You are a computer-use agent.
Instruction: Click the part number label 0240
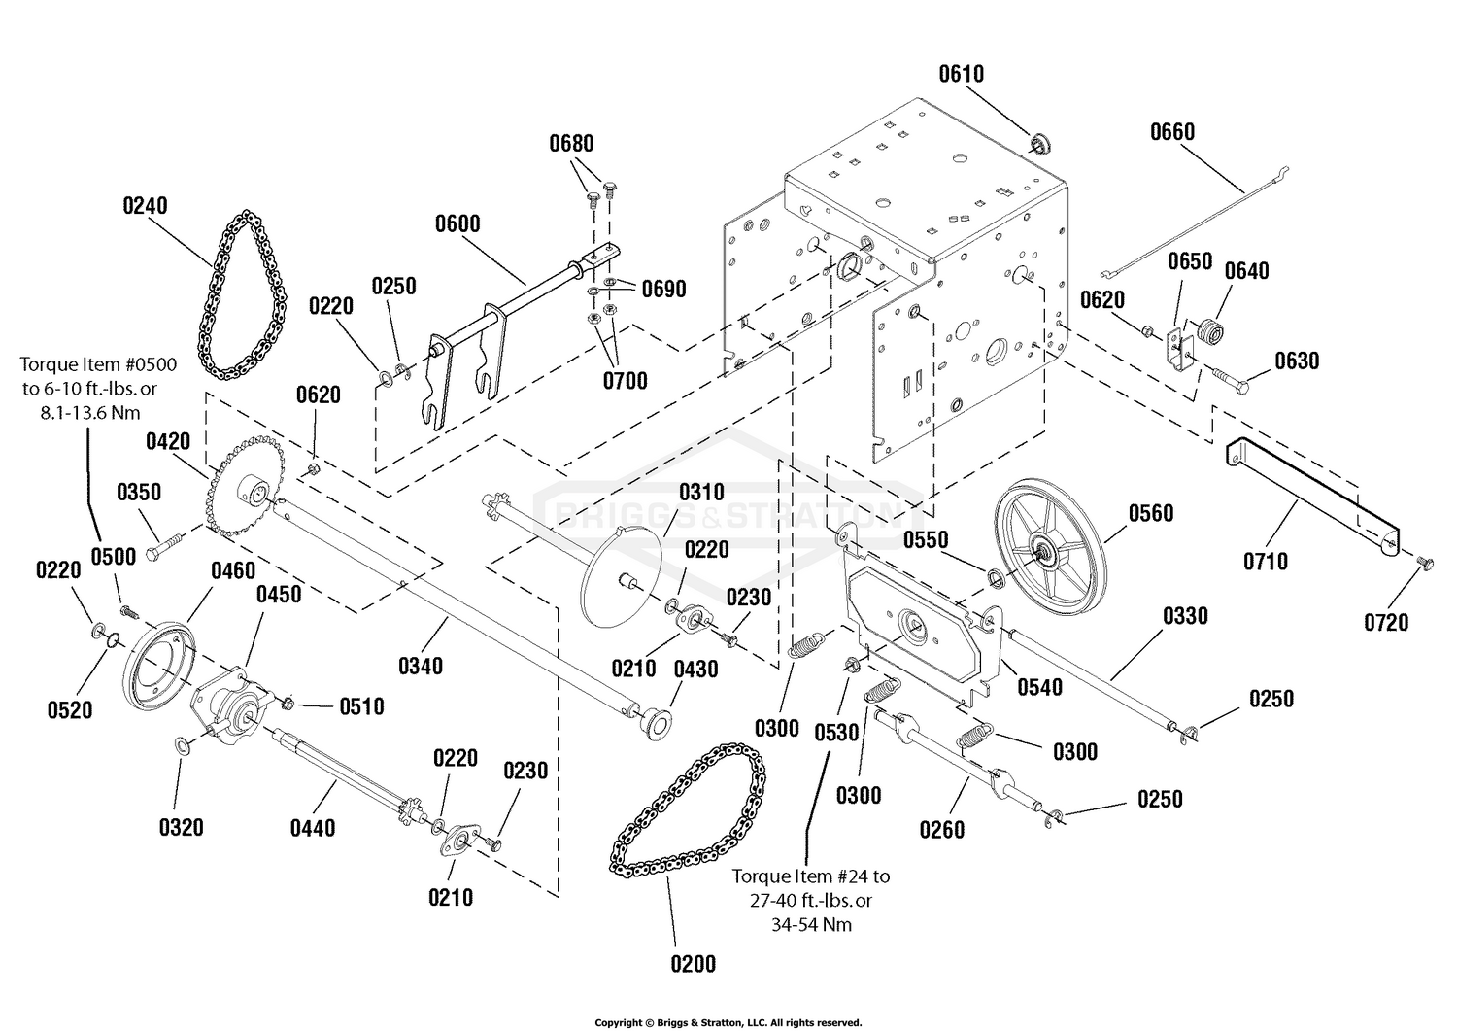coord(145,206)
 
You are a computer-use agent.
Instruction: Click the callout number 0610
coord(961,74)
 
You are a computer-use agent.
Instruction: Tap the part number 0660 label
coord(1172,132)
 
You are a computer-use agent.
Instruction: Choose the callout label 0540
coord(1039,687)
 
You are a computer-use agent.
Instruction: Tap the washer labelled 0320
coord(183,744)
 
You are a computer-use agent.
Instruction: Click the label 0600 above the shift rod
coord(457,223)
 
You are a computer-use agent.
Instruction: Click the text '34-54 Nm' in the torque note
coord(811,925)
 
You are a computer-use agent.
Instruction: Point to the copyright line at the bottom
coord(728,1023)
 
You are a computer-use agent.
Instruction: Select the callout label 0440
coord(312,829)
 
